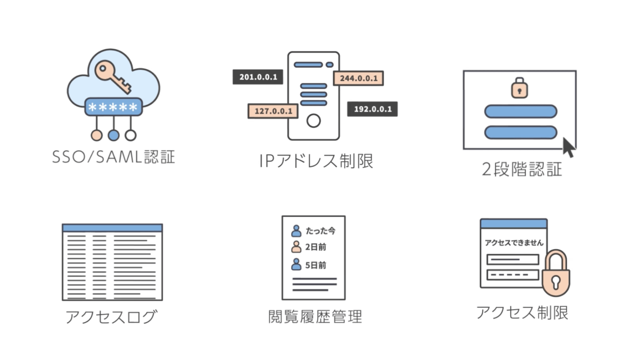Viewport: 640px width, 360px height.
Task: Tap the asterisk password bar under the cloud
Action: (x=113, y=107)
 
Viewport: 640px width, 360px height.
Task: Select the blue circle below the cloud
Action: (x=114, y=135)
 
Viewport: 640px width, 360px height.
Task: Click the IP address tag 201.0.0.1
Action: (x=258, y=77)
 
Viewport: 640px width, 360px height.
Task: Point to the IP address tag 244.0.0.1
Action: (x=358, y=78)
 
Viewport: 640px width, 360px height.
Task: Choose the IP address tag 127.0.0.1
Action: (x=273, y=111)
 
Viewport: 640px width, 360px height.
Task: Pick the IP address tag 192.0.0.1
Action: (x=372, y=109)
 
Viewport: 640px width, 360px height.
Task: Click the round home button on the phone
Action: (x=314, y=121)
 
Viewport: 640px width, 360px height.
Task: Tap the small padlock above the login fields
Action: (x=519, y=88)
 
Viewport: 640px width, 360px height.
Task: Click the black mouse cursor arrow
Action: (x=568, y=147)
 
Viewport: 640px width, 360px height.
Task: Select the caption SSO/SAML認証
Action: (x=114, y=157)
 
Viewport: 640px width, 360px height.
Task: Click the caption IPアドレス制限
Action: (x=316, y=161)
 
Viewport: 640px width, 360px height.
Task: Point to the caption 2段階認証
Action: (x=522, y=169)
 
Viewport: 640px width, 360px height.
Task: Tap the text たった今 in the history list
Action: (x=320, y=231)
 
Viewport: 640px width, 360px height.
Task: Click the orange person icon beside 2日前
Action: (x=296, y=247)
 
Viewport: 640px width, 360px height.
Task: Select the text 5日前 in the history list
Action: (x=316, y=265)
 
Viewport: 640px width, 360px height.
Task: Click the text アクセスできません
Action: (x=514, y=243)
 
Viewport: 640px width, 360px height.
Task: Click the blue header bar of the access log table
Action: (x=112, y=228)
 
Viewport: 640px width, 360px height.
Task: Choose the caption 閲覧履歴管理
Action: (x=315, y=317)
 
